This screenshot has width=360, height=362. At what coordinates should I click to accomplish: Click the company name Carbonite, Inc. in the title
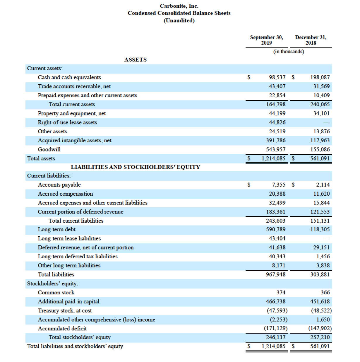pyautogui.click(x=179, y=6)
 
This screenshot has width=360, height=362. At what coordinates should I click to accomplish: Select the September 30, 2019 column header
pyautogui.click(x=266, y=40)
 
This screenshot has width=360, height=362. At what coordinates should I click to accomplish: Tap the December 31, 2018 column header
pyautogui.click(x=311, y=40)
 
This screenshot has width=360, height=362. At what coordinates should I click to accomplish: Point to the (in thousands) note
pyautogui.click(x=289, y=52)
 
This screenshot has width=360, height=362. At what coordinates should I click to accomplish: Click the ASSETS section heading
pyautogui.click(x=135, y=60)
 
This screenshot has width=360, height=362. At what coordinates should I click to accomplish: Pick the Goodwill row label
pyautogui.click(x=49, y=149)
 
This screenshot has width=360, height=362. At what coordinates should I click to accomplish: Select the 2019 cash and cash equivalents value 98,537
pyautogui.click(x=277, y=77)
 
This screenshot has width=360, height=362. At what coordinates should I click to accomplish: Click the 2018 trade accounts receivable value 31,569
pyautogui.click(x=321, y=86)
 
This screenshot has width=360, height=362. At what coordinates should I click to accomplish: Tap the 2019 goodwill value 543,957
pyautogui.click(x=276, y=149)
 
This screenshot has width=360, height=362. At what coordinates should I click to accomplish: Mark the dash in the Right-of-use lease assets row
pyautogui.click(x=327, y=123)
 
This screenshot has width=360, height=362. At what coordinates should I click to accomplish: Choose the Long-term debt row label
pyautogui.click(x=56, y=229)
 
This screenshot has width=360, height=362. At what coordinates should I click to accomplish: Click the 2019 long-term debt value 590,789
pyautogui.click(x=276, y=229)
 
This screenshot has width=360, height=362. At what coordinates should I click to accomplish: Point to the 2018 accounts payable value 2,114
pyautogui.click(x=323, y=185)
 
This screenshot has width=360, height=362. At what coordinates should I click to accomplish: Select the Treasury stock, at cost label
pyautogui.click(x=65, y=310)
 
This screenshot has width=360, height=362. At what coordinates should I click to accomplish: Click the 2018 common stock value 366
pyautogui.click(x=325, y=293)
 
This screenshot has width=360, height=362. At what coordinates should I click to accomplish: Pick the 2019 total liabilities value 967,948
pyautogui.click(x=276, y=274)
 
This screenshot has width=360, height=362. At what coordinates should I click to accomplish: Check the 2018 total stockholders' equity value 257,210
pyautogui.click(x=320, y=337)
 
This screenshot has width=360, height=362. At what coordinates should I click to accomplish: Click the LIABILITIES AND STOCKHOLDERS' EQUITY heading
pyautogui.click(x=135, y=167)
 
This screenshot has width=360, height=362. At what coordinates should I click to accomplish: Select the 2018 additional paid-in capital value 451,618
pyautogui.click(x=320, y=301)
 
